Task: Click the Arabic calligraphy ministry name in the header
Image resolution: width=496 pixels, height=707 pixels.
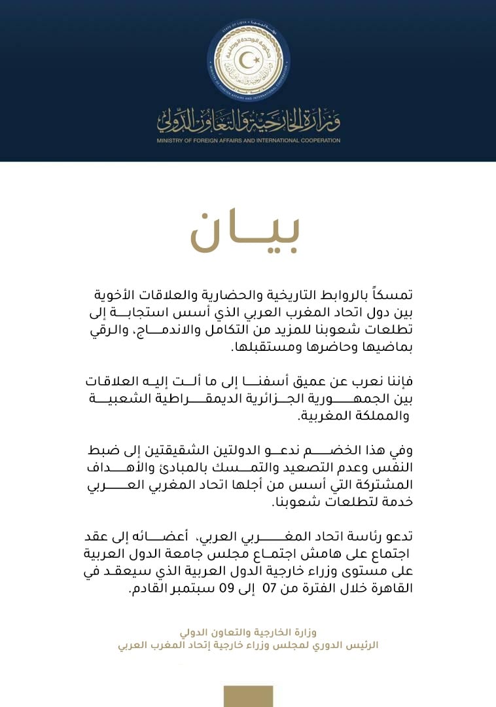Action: point(248,118)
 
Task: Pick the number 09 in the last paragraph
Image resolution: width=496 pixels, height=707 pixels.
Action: point(226,589)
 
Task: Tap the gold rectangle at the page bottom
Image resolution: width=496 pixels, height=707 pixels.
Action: point(248,696)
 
